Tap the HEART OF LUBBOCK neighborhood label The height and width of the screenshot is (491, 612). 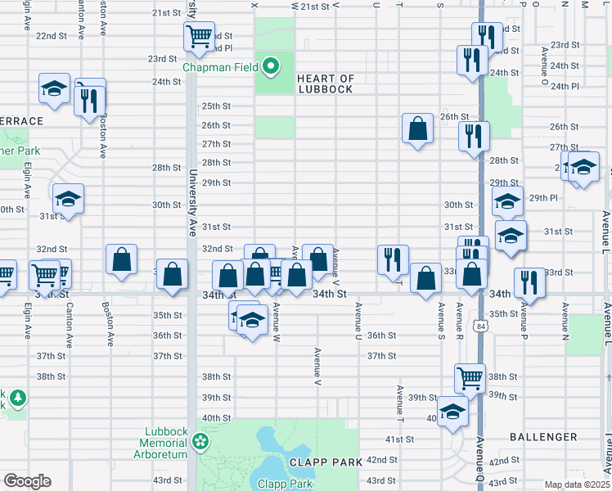click(326, 84)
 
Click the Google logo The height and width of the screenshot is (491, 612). click(26, 481)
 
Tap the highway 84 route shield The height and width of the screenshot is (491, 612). click(479, 326)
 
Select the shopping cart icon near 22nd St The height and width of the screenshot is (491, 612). click(199, 36)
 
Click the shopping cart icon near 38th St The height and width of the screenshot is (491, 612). click(470, 377)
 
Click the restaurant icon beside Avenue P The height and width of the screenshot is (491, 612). click(529, 283)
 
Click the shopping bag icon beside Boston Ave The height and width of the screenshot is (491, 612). click(121, 259)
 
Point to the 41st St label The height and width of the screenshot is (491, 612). click(401, 439)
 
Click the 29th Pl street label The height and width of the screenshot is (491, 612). click(542, 198)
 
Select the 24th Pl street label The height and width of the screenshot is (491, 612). click(565, 86)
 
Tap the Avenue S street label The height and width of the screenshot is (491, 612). click(440, 318)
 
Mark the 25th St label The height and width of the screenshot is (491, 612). click(216, 106)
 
